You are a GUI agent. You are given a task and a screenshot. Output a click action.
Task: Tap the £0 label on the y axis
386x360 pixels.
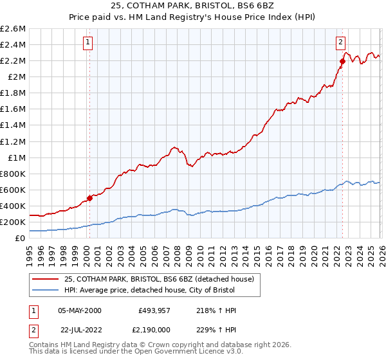(x=21, y=238)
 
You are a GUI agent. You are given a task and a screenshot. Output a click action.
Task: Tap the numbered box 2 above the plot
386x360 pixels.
(x=340, y=43)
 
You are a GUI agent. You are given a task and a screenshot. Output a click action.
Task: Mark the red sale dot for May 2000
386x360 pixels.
(x=89, y=198)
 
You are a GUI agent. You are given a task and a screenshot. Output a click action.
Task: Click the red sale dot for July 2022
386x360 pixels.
(x=342, y=61)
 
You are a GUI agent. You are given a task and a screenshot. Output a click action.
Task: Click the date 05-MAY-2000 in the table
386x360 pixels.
(x=80, y=310)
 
